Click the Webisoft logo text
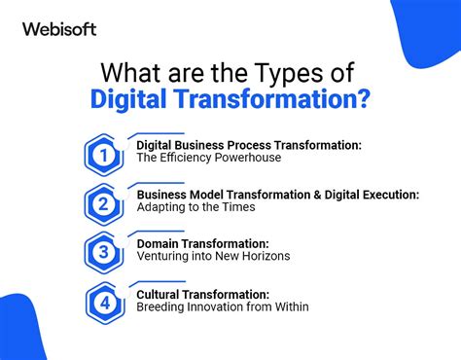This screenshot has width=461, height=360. point(59,29)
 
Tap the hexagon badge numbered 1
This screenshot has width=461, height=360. point(103,154)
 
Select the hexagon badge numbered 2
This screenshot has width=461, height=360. point(103,203)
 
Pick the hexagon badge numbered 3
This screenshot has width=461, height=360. point(103,252)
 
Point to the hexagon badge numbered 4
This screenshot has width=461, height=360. point(103,302)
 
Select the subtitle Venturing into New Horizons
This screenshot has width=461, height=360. point(213,257)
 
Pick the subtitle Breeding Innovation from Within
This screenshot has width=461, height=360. point(223,306)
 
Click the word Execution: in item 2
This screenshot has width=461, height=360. point(388,195)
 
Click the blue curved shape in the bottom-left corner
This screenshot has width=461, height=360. point(24,331)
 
